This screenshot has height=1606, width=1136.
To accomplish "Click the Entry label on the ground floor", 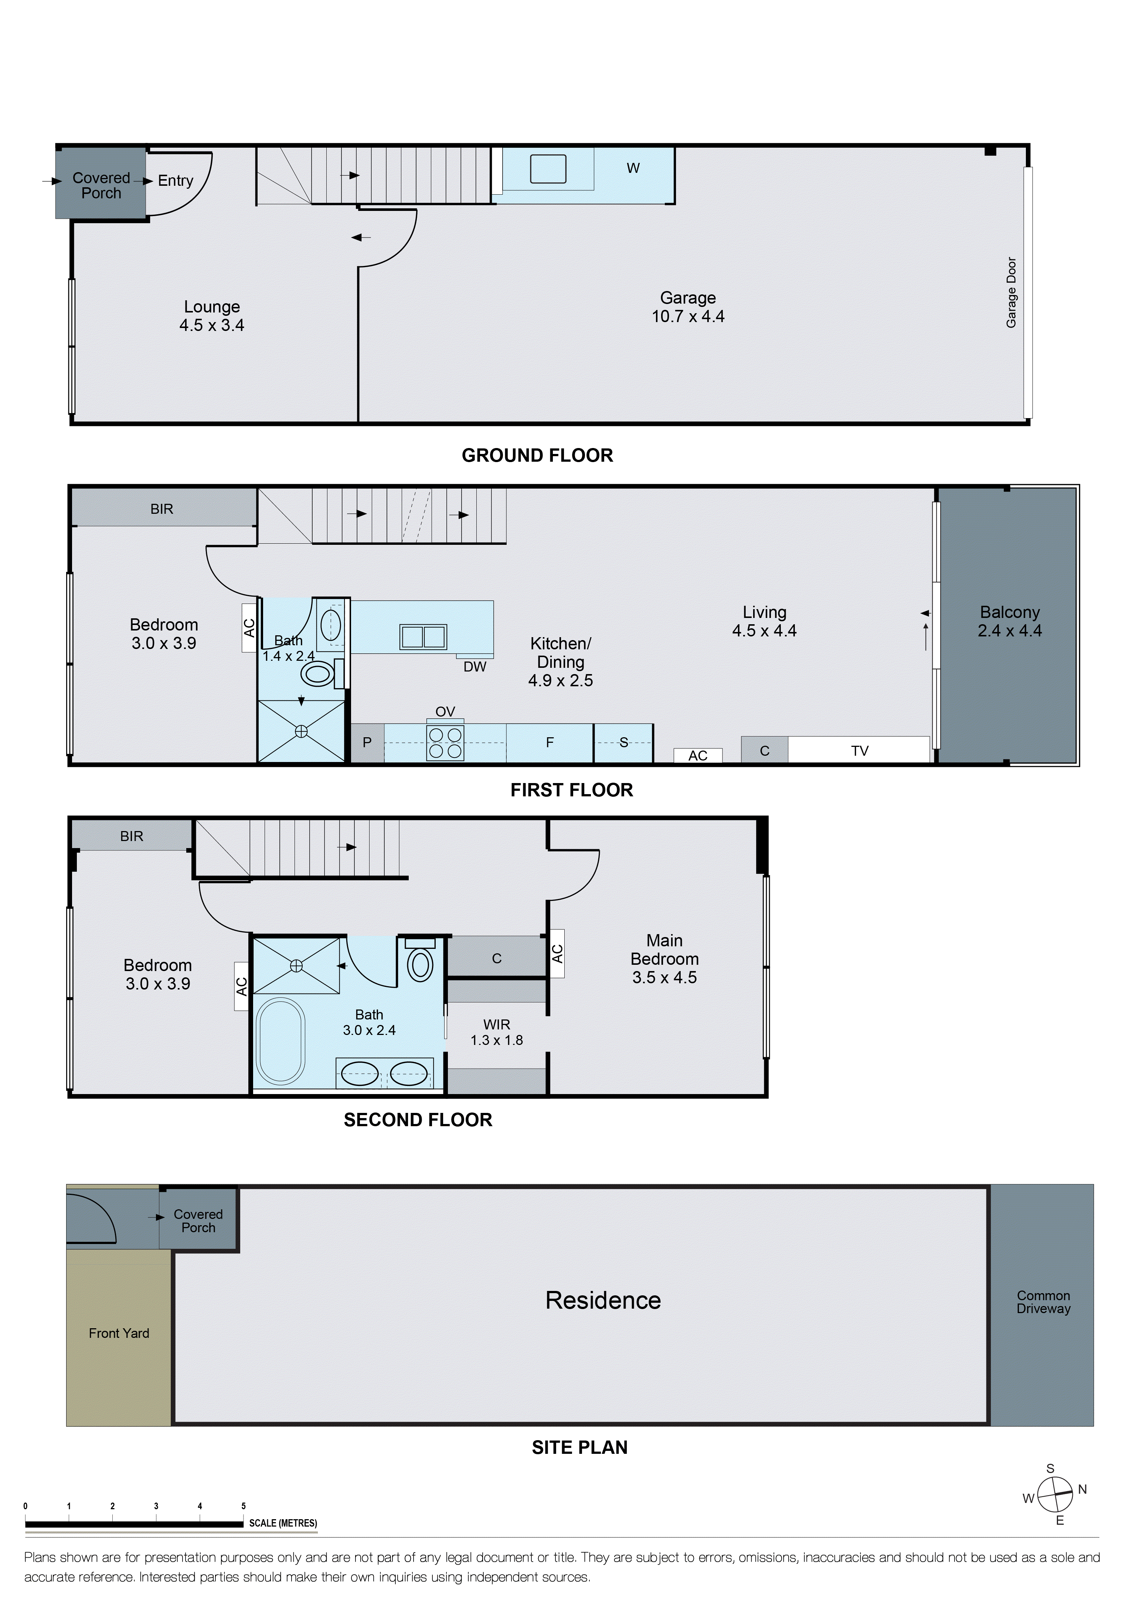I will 175,181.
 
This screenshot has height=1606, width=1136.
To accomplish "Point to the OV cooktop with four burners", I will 445,742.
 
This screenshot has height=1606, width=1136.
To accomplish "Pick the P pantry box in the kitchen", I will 367,742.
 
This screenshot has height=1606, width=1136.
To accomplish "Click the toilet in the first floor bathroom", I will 318,674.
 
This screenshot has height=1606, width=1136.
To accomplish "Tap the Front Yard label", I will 119,1333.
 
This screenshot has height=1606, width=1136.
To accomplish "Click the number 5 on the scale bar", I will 244,1506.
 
